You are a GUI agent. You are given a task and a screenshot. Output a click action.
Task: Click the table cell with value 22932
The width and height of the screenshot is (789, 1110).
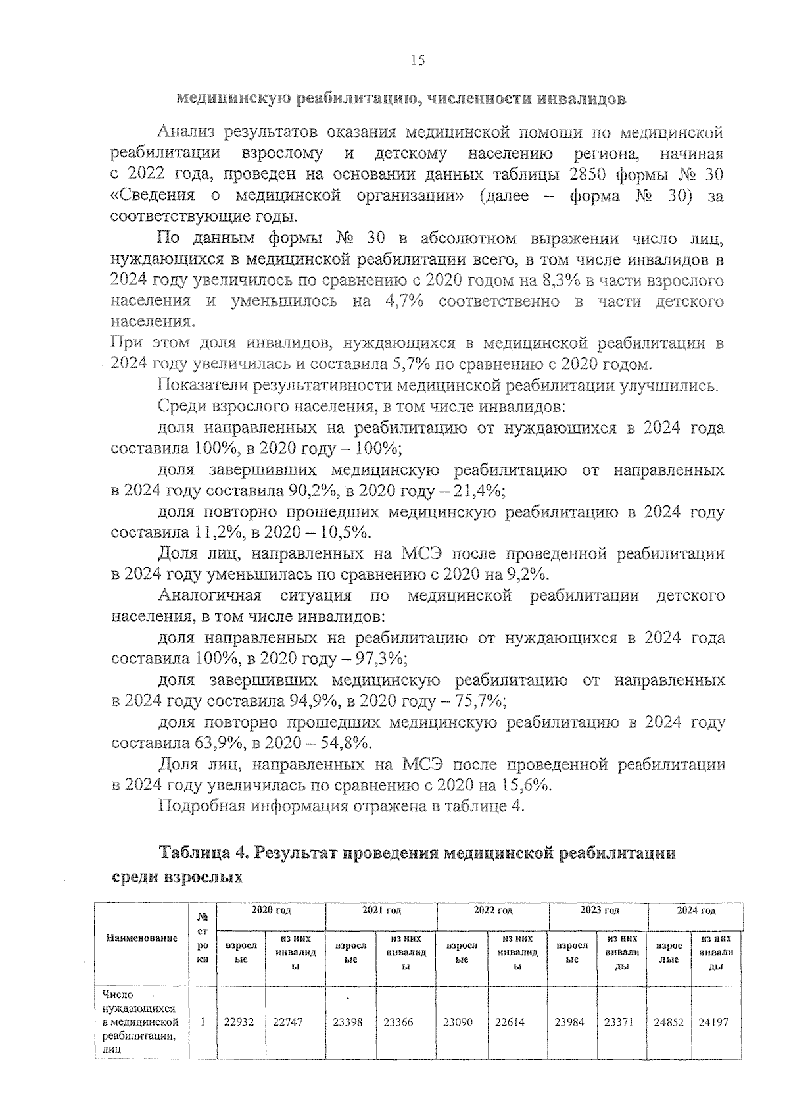tap(239, 1022)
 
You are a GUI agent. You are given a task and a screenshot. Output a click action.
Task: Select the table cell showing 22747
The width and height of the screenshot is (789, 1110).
tap(287, 1022)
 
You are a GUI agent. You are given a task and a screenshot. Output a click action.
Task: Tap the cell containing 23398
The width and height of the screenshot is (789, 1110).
tap(348, 1022)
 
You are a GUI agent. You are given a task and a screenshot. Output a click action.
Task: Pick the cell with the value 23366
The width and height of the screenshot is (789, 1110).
tap(398, 1022)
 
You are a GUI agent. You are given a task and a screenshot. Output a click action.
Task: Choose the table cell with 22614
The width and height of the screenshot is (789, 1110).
tap(510, 1022)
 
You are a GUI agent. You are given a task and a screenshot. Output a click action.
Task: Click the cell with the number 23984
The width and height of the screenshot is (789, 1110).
tap(569, 1022)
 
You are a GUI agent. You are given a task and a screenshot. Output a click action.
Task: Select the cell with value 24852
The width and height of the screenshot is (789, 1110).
tap(669, 1022)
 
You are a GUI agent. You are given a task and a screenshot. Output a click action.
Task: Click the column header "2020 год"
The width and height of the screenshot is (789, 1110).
tap(270, 911)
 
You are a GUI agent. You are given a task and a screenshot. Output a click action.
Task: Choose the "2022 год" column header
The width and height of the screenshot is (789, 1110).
tap(492, 911)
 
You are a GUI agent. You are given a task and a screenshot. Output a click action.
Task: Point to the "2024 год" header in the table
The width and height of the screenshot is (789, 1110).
tap(696, 911)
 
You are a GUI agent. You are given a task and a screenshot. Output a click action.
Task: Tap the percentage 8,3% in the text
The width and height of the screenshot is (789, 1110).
tap(559, 281)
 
